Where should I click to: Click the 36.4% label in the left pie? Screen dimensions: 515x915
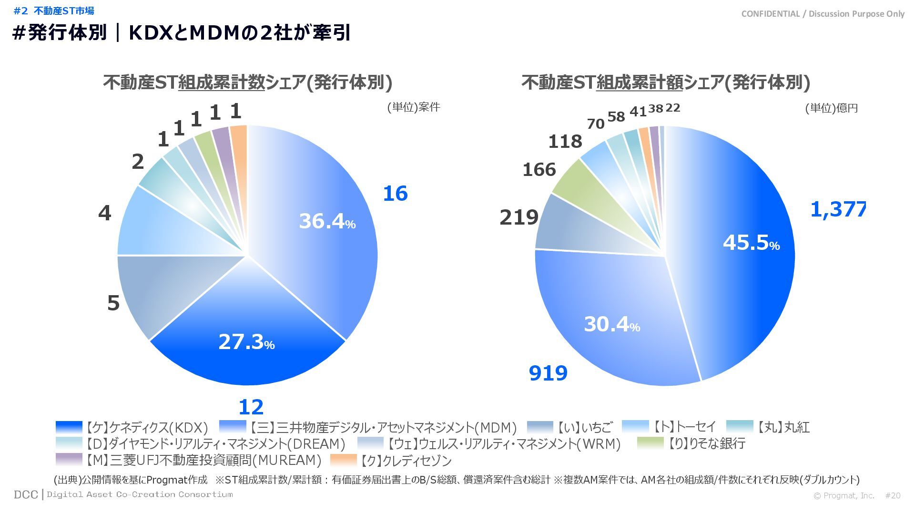pyautogui.click(x=327, y=221)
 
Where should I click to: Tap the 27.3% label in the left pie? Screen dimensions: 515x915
pyautogui.click(x=246, y=342)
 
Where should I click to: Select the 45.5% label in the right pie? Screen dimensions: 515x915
pyautogui.click(x=751, y=243)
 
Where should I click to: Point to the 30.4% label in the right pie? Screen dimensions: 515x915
pyautogui.click(x=612, y=324)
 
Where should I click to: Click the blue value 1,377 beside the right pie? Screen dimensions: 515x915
pyautogui.click(x=838, y=209)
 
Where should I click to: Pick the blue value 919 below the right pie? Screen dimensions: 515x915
pyautogui.click(x=548, y=373)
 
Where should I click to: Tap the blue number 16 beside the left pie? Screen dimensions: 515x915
pyautogui.click(x=395, y=194)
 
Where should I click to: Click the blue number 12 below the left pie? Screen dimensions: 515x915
pyautogui.click(x=251, y=407)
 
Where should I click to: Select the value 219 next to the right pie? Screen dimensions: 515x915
pyautogui.click(x=518, y=217)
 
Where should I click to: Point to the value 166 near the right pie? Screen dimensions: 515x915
pyautogui.click(x=539, y=170)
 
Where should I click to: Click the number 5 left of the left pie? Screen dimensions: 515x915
pyautogui.click(x=113, y=303)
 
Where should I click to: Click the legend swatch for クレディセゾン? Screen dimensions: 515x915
pyautogui.click(x=343, y=460)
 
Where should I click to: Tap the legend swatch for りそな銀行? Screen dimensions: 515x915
pyautogui.click(x=650, y=443)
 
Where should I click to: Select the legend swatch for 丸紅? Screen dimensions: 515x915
pyautogui.click(x=740, y=427)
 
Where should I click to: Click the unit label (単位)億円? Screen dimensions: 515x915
pyautogui.click(x=831, y=108)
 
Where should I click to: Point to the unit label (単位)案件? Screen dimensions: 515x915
pyautogui.click(x=413, y=107)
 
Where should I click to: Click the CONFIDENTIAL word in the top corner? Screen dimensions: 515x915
pyautogui.click(x=770, y=14)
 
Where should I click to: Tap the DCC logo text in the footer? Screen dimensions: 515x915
pyautogui.click(x=26, y=494)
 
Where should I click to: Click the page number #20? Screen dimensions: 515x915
pyautogui.click(x=893, y=495)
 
